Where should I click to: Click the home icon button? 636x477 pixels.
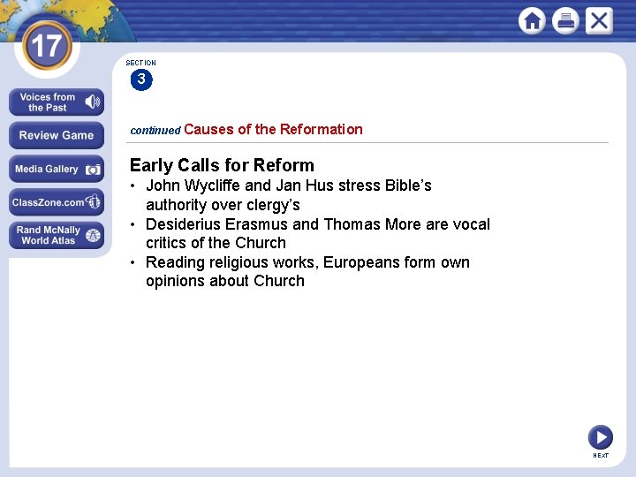[x=533, y=20]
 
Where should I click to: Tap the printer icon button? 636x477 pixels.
[x=565, y=20]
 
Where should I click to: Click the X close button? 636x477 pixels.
[x=599, y=20]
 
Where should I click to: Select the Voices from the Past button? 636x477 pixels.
[x=57, y=102]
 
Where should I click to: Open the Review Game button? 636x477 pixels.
[x=57, y=135]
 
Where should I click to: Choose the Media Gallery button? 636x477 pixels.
[x=57, y=169]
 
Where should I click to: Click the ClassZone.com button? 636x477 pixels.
[x=57, y=202]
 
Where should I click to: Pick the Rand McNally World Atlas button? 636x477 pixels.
[x=57, y=235]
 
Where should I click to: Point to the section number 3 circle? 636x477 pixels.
[x=140, y=80]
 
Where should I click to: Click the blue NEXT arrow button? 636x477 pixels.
[x=601, y=436]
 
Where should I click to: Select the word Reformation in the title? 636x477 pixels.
[x=321, y=129]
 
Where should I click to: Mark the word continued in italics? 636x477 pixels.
[x=155, y=130]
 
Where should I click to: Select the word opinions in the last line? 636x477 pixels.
[x=177, y=282]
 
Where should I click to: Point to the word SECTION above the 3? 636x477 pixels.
[x=140, y=64]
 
